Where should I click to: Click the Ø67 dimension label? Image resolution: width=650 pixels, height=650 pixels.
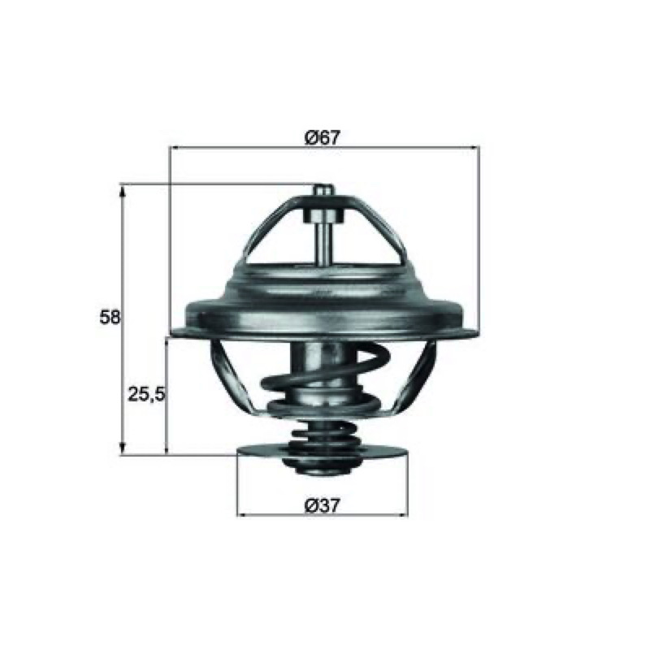pos(322,137)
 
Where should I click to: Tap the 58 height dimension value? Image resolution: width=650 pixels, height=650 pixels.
pos(110,317)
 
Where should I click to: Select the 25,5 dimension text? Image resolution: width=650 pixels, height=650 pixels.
pos(146,394)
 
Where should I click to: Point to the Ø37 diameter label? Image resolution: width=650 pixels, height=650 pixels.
pos(322,505)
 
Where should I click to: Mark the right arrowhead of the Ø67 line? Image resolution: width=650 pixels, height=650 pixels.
pos(474,147)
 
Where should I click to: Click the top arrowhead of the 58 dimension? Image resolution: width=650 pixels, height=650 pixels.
pos(123,191)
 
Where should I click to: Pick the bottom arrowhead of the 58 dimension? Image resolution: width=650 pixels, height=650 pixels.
pos(123,448)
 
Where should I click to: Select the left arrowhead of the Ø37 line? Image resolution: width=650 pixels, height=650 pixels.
pos(242,515)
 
